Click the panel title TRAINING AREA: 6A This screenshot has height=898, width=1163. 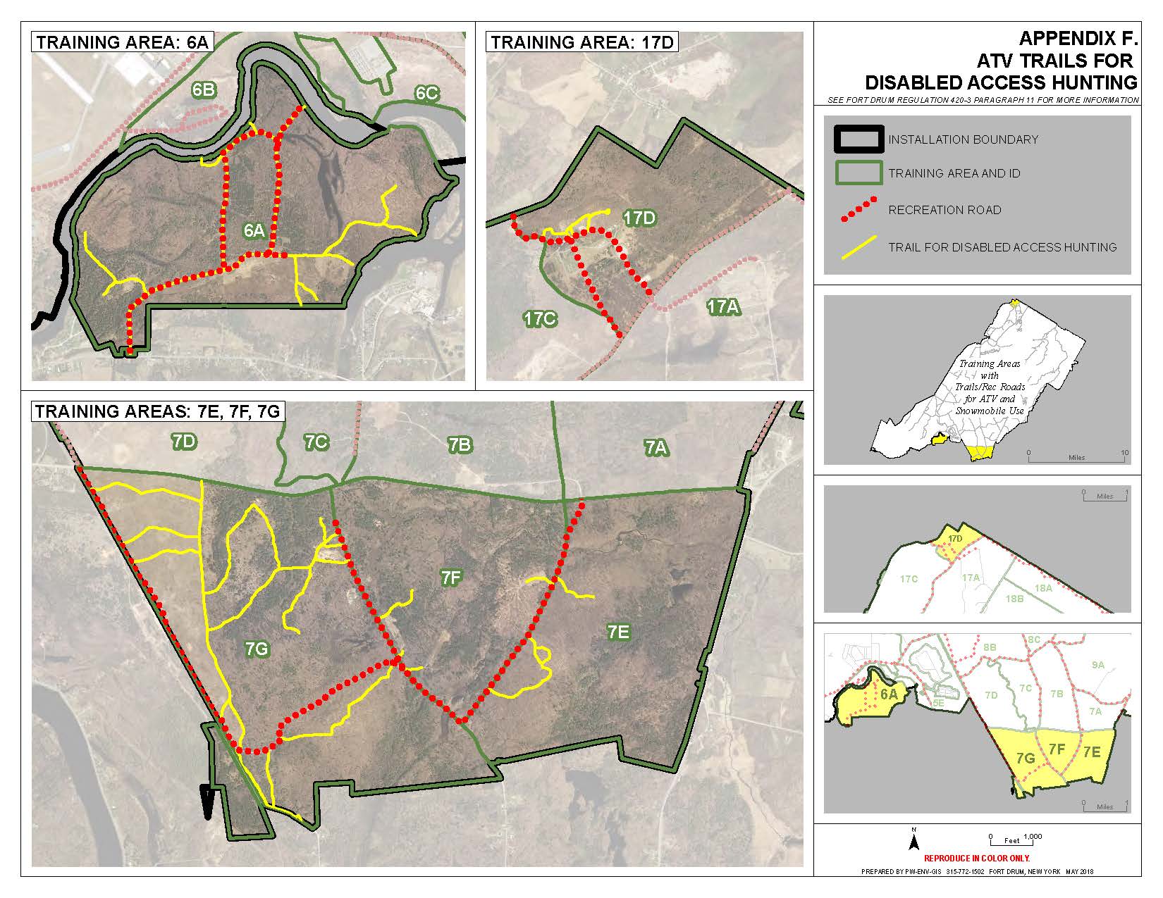pos(123,42)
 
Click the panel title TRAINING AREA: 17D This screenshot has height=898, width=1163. pos(582,42)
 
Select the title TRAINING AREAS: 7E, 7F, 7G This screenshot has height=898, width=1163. pos(157,411)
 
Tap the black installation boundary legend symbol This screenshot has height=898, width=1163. pos(858,139)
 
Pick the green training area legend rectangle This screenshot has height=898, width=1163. pos(858,173)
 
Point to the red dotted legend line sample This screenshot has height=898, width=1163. pos(858,210)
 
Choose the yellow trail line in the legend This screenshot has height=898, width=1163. pos(858,247)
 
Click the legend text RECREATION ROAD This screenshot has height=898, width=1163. pos(944,210)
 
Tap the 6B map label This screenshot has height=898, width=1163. pos(203,90)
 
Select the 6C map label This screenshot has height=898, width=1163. pos(427,94)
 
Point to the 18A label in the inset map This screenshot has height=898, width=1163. pos(1042,587)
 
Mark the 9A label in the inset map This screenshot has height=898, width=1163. pos(1098,665)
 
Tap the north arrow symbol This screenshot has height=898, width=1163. pos(913,841)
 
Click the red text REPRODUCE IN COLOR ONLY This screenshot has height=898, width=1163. pos(977,858)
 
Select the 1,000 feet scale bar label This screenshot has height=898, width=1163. pos(1031,837)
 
